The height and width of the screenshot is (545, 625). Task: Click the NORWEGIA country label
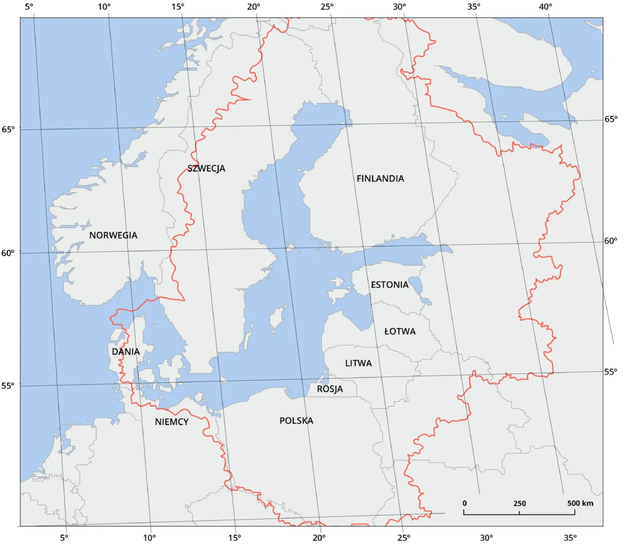pyautogui.click(x=113, y=235)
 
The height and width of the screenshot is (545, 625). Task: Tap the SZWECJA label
pyautogui.click(x=207, y=168)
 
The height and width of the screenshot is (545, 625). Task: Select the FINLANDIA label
pyautogui.click(x=380, y=178)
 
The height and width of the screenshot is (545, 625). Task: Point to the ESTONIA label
pyautogui.click(x=390, y=284)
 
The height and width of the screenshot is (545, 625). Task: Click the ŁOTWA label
pyautogui.click(x=400, y=331)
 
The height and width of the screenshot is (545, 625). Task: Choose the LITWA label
pyautogui.click(x=358, y=363)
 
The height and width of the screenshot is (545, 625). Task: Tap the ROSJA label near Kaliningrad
pyautogui.click(x=330, y=389)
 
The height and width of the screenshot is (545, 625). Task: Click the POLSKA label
pyautogui.click(x=296, y=420)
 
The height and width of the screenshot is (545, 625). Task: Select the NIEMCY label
pyautogui.click(x=172, y=422)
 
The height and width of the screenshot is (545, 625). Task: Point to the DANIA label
pyautogui.click(x=126, y=351)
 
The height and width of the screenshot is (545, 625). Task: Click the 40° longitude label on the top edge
pyautogui.click(x=546, y=6)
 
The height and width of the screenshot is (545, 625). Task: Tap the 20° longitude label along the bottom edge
pyautogui.click(x=319, y=538)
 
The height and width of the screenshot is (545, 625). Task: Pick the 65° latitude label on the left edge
pyautogui.click(x=8, y=130)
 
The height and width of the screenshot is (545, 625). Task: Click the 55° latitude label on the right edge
pyautogui.click(x=611, y=371)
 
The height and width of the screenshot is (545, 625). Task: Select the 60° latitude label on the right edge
pyautogui.click(x=611, y=241)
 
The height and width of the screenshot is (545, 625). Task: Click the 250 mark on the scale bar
pyautogui.click(x=520, y=503)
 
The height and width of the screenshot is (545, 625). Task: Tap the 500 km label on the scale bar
pyautogui.click(x=581, y=503)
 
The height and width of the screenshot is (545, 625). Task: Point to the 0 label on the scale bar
pyautogui.click(x=464, y=503)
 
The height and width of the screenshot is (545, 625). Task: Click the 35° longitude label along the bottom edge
pyautogui.click(x=570, y=538)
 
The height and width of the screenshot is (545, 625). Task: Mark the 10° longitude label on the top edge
pyautogui.click(x=104, y=6)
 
